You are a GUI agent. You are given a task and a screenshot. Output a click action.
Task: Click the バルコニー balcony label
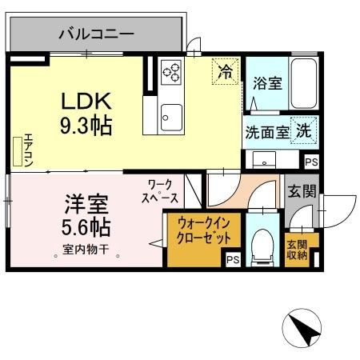coord(96,34)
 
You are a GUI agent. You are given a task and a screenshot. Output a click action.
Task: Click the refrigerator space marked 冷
coord(226,72)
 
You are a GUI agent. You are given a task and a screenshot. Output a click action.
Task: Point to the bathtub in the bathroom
coord(302,84)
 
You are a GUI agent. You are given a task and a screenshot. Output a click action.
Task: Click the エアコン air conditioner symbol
coord(19,150)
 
